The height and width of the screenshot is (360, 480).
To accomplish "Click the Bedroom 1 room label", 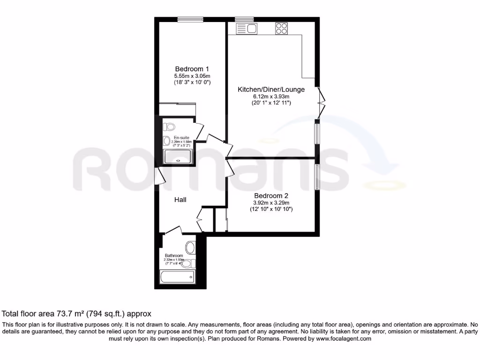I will pos(192,68).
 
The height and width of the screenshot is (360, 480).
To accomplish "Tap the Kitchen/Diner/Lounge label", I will pos(271,90).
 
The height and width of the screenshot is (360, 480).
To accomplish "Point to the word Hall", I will pos(180,200).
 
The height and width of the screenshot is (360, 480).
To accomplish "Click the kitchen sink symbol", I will pos(247,29).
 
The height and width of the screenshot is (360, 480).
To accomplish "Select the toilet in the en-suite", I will pos(170,127).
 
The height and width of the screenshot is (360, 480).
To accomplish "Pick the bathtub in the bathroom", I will pos(177,277).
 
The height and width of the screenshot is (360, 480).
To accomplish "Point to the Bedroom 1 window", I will pos(190,19).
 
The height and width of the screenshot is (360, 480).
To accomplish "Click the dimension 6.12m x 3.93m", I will pos(271,96).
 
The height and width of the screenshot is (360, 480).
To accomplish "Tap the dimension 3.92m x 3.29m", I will pos(271,202).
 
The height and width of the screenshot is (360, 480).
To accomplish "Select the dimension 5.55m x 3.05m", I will pos(192,75).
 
